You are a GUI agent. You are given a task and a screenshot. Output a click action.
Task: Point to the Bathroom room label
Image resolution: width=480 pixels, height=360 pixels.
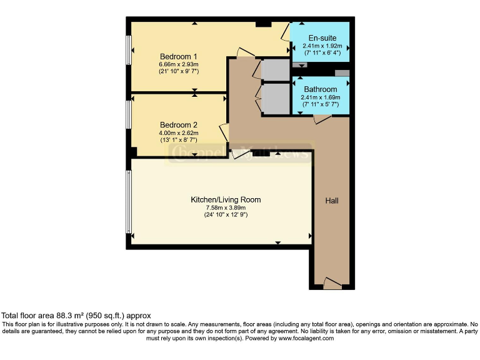(320, 89)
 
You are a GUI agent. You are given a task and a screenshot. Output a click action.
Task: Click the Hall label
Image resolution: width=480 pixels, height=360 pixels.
(332, 201)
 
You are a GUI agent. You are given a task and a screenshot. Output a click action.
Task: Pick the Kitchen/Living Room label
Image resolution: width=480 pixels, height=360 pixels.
(225, 200)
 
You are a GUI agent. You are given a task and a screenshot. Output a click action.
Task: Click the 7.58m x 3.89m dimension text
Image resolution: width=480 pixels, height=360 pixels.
(225, 208)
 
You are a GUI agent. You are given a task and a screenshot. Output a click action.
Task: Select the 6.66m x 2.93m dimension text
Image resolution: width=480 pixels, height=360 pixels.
(178, 64)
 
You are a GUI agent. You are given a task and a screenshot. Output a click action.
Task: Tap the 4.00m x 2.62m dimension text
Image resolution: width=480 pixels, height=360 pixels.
(178, 132)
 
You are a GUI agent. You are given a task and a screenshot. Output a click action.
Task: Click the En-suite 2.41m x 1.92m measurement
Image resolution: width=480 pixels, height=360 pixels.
(319, 46)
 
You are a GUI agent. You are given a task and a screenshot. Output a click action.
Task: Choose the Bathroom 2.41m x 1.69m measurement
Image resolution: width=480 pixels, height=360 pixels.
(320, 97)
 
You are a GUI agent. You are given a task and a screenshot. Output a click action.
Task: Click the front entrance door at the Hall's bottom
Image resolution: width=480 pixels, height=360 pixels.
(332, 284)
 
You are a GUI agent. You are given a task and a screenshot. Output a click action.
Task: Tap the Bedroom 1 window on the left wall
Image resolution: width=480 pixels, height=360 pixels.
(129, 49)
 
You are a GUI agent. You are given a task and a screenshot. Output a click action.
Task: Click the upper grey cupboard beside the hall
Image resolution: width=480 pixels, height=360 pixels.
(276, 70)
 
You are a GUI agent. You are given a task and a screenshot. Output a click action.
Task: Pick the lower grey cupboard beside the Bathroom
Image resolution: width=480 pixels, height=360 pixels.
(276, 99)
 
